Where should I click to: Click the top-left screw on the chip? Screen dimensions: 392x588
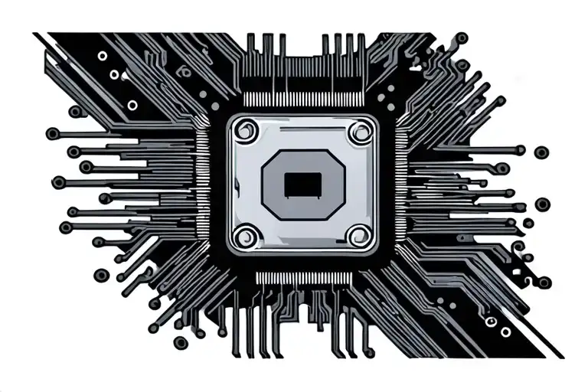pyautogui.click(x=247, y=132)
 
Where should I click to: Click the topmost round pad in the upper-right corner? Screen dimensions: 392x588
pyautogui.click(x=462, y=37)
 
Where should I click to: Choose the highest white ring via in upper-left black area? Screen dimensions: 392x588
pyautogui.click(x=102, y=56)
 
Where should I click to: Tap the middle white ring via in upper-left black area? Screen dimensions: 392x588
pyautogui.click(x=115, y=75)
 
